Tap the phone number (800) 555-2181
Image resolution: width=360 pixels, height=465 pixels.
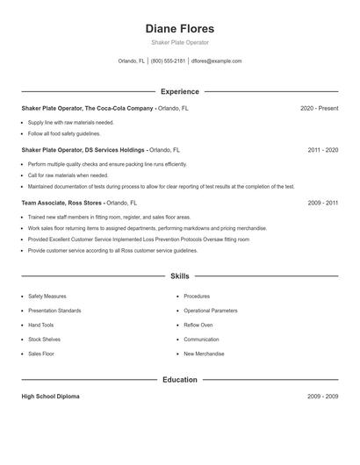pyautogui.click(x=168, y=61)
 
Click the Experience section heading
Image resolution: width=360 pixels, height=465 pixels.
pyautogui.click(x=179, y=91)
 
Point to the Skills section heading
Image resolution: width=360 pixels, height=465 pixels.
pyautogui.click(x=179, y=275)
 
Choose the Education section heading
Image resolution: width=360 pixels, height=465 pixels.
pyautogui.click(x=179, y=380)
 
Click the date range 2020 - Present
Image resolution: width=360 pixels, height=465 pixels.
pyautogui.click(x=319, y=109)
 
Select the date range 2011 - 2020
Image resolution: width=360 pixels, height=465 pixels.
pyautogui.click(x=322, y=150)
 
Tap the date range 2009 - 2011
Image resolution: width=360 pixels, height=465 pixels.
pyautogui.click(x=322, y=203)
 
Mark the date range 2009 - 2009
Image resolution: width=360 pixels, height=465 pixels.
pyautogui.click(x=322, y=397)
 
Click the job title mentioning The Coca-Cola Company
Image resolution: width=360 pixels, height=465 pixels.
pyautogui.click(x=87, y=109)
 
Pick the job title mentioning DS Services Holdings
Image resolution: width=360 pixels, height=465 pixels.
pyautogui.click(x=83, y=150)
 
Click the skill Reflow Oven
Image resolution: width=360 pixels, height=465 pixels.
pyautogui.click(x=198, y=325)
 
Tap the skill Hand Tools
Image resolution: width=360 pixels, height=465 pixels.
pyautogui.click(x=41, y=325)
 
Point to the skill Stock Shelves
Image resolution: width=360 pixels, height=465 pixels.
pyautogui.click(x=44, y=339)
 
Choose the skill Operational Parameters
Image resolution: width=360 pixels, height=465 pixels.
pyautogui.click(x=211, y=311)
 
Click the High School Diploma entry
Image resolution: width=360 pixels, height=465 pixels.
pyautogui.click(x=50, y=397)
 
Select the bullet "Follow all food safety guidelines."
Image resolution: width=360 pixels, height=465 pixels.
pyautogui.click(x=64, y=133)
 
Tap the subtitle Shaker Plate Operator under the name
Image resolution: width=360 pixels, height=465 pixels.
pyautogui.click(x=179, y=42)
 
